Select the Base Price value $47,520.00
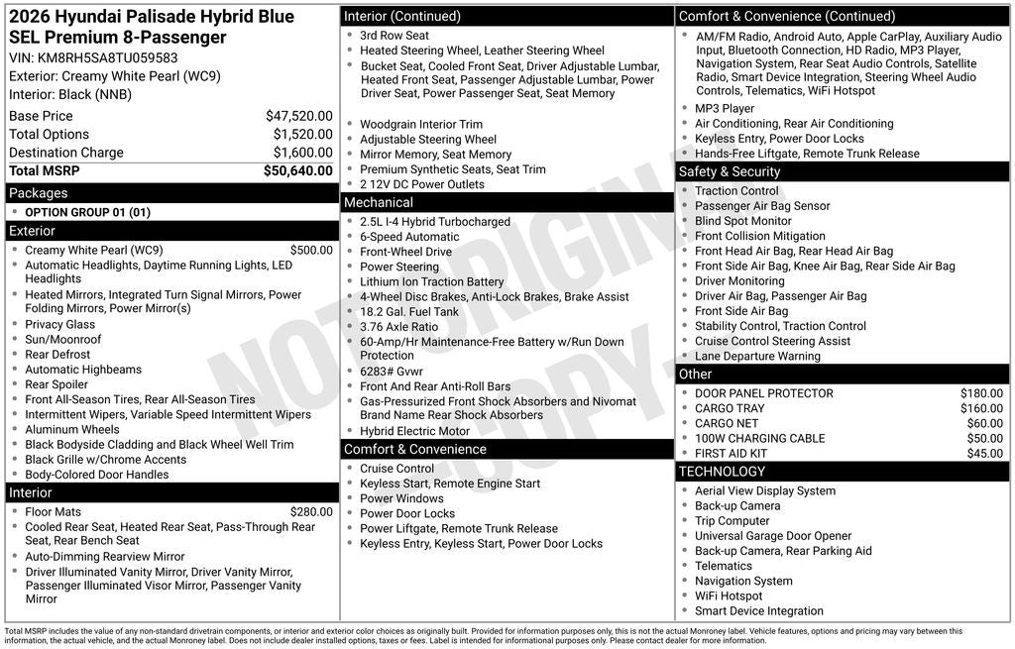(x=298, y=116)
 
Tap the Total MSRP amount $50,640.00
(x=297, y=170)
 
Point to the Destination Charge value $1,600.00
(x=302, y=153)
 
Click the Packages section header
(x=39, y=193)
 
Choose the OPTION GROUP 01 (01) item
(x=87, y=212)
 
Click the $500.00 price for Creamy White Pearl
(x=311, y=251)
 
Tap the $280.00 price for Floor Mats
(x=311, y=512)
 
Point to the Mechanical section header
(x=378, y=202)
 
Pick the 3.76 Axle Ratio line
(x=398, y=326)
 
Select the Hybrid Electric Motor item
(x=414, y=431)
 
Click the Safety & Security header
(x=729, y=171)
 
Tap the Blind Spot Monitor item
(x=742, y=221)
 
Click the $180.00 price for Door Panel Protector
(x=981, y=393)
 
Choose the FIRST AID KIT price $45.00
(x=984, y=453)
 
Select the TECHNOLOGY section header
(x=722, y=472)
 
